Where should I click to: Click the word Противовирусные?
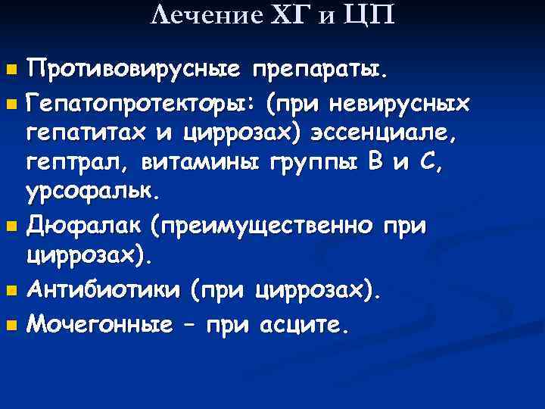133,72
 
